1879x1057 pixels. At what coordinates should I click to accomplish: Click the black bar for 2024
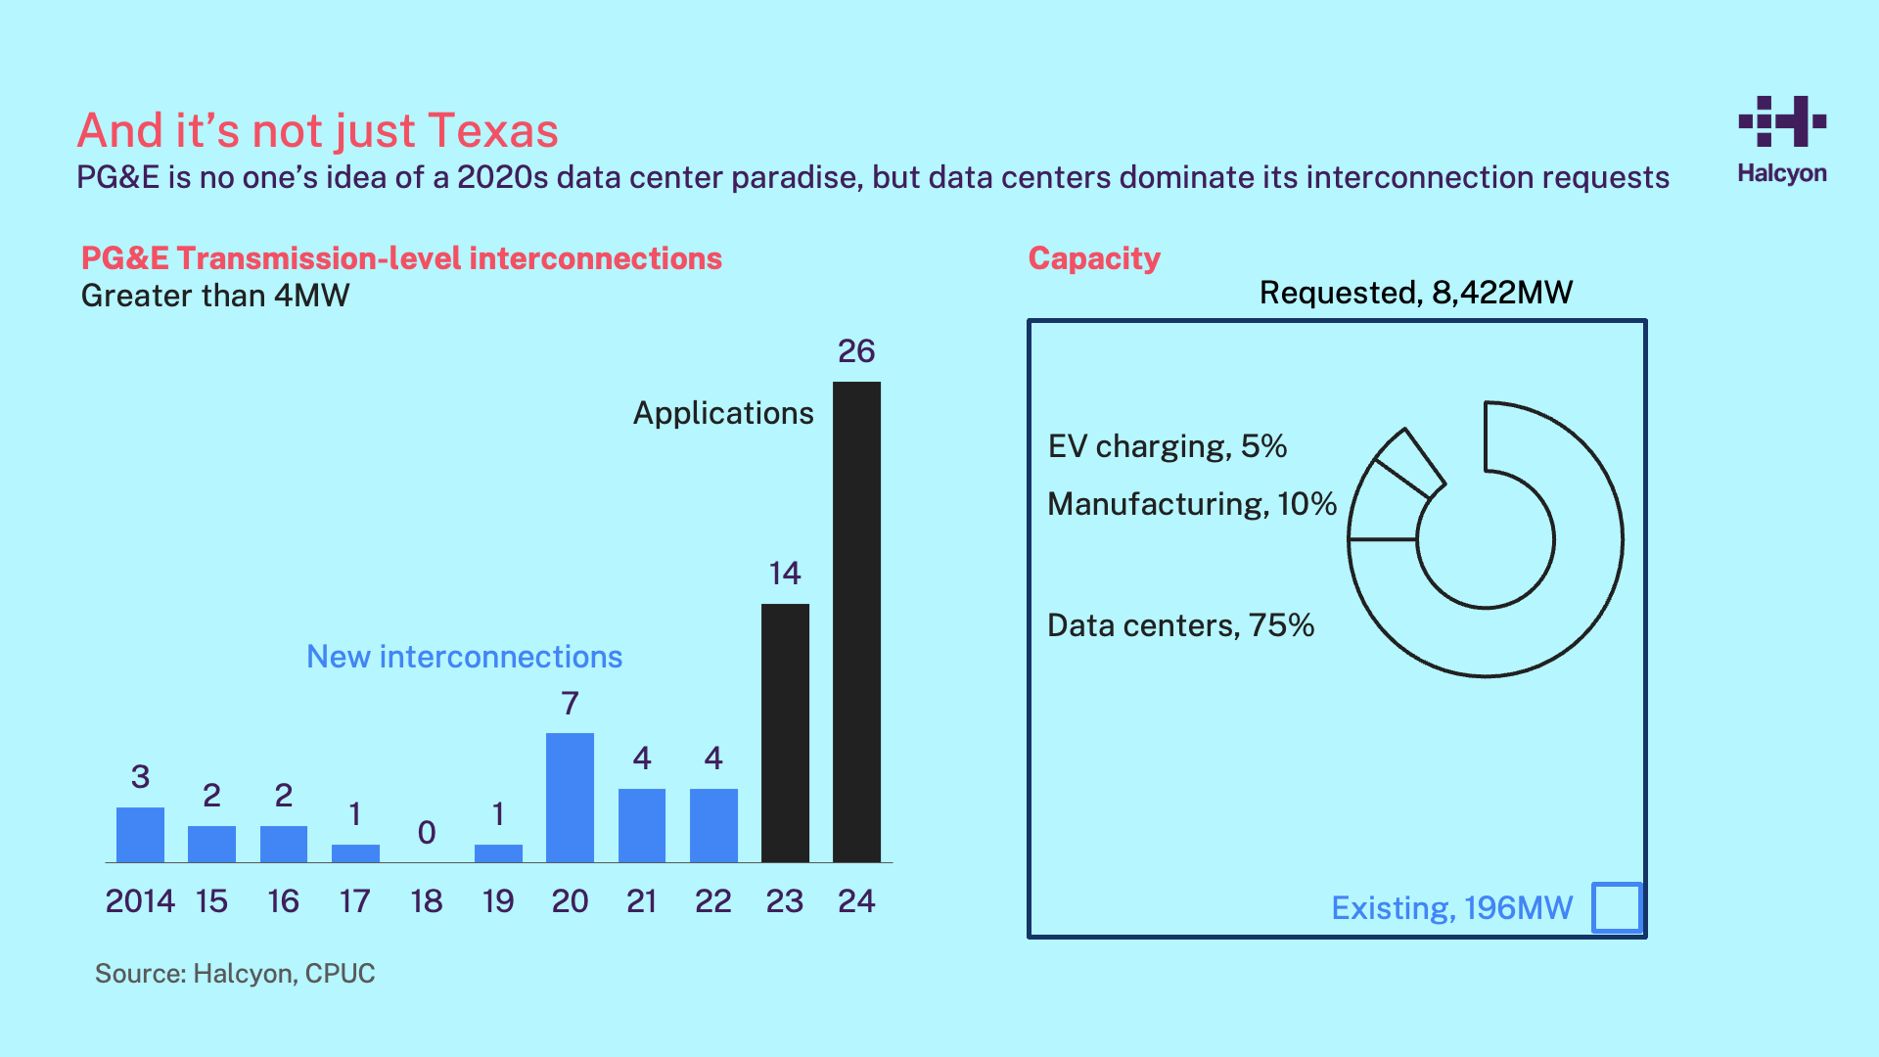click(856, 621)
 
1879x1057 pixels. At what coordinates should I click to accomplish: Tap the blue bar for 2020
click(570, 797)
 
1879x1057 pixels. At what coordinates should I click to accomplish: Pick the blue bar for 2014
click(140, 834)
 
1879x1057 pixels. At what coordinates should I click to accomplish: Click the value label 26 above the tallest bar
click(856, 351)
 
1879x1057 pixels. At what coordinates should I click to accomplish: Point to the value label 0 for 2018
click(427, 833)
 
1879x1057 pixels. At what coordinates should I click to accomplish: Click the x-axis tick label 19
click(498, 901)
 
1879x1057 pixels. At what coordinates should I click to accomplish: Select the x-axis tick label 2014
click(140, 901)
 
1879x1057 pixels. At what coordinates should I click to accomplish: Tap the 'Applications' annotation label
click(723, 413)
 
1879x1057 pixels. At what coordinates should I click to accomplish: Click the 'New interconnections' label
click(464, 657)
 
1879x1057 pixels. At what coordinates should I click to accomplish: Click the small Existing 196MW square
click(1617, 907)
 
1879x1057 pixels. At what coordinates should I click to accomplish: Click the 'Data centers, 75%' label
click(1180, 625)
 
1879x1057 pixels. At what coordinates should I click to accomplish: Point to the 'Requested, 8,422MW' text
click(1415, 293)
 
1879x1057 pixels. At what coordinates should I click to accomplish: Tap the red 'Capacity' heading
click(1094, 258)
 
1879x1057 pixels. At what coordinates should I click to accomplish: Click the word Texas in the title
click(493, 130)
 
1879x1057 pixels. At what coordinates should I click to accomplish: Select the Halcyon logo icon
click(1782, 121)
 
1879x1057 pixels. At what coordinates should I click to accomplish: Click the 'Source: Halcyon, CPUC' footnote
click(235, 974)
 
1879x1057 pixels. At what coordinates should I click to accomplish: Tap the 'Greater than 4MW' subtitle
click(215, 296)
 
